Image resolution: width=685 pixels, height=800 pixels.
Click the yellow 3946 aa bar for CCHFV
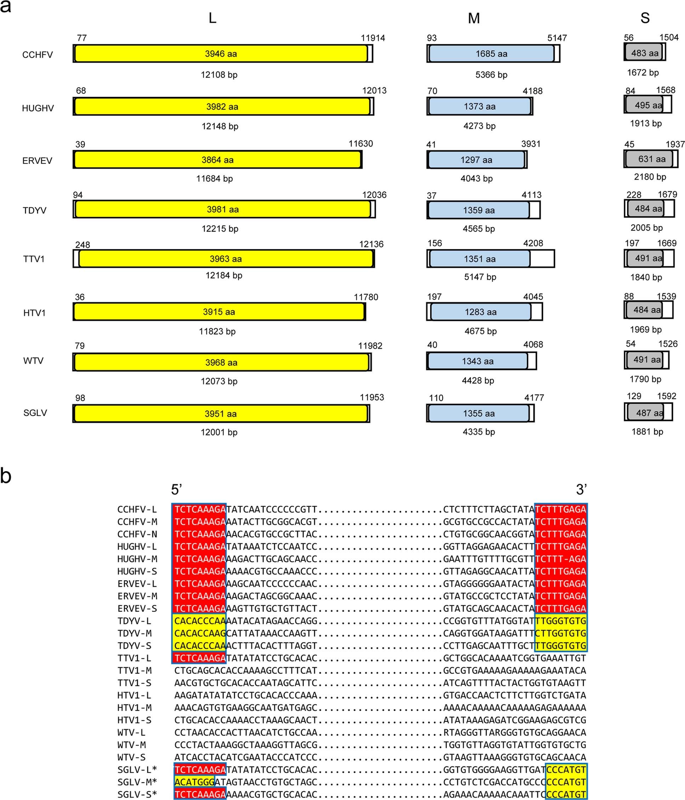point(221,54)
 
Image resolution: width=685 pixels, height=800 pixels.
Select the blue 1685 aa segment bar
point(491,54)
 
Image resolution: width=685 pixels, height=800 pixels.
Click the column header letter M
point(474,18)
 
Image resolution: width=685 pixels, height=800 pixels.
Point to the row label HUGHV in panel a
point(38,108)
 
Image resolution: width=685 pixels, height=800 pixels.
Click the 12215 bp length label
point(220,228)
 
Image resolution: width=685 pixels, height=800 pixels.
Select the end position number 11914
point(373,38)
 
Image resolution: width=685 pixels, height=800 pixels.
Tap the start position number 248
point(83,245)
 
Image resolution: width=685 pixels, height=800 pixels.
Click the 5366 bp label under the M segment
point(491,74)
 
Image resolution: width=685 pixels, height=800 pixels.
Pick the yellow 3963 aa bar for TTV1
point(226,259)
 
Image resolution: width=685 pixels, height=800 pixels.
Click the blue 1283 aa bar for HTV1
point(481,312)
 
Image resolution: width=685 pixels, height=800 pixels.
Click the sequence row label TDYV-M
point(134,633)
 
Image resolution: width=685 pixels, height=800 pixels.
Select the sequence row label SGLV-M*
point(137,782)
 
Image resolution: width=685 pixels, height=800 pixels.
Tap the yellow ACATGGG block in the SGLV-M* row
point(194,782)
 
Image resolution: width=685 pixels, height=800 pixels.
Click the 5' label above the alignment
point(176,489)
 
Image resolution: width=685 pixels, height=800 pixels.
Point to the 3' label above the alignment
point(581,489)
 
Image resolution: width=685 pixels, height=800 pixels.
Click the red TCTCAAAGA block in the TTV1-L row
point(200,658)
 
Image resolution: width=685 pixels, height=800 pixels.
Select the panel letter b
point(6,476)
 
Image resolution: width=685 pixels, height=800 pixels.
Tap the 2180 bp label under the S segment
point(650,177)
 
